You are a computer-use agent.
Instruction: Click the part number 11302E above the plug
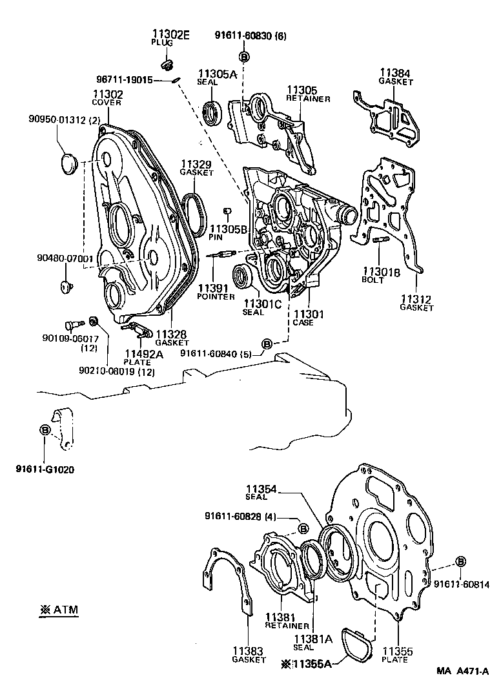pyautogui.click(x=170, y=35)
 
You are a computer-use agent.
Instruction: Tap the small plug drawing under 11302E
pyautogui.click(x=166, y=65)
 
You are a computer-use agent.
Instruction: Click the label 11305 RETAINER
pyautogui.click(x=309, y=94)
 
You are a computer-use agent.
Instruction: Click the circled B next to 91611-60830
pyautogui.click(x=244, y=57)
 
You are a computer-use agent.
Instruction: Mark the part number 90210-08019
pyautogui.click(x=107, y=371)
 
